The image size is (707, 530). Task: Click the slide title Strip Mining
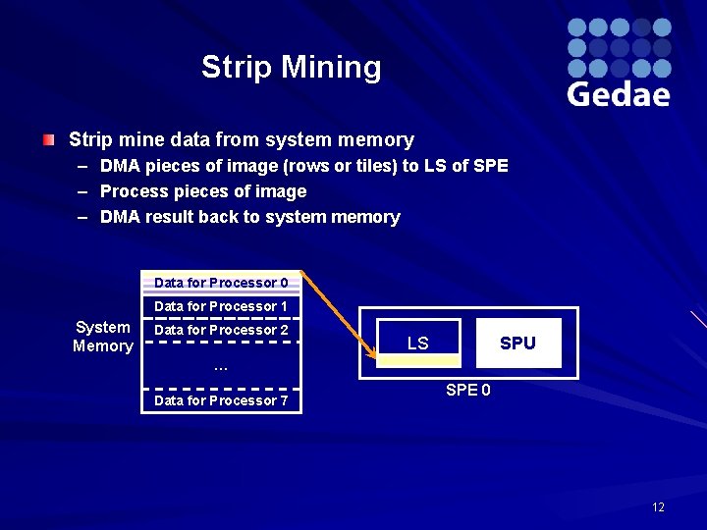pos(291,67)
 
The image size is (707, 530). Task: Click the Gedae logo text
pos(618,94)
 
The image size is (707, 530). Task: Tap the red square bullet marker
pos(48,140)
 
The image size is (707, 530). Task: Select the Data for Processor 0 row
pos(221,283)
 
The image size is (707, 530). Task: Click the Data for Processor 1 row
pos(221,306)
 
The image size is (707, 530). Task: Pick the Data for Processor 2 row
pos(221,330)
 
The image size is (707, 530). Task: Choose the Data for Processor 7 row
pos(221,400)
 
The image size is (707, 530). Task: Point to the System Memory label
pos(102,337)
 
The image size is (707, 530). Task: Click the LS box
pos(418,343)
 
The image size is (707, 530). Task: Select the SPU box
pos(517,343)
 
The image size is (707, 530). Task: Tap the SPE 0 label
pos(468,390)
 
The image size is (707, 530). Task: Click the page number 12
pos(658,506)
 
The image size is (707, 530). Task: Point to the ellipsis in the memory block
pos(221,367)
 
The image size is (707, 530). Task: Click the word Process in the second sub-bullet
pos(132,191)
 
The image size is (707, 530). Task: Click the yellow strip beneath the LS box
pos(418,360)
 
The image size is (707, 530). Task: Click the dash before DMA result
pos(82,217)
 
